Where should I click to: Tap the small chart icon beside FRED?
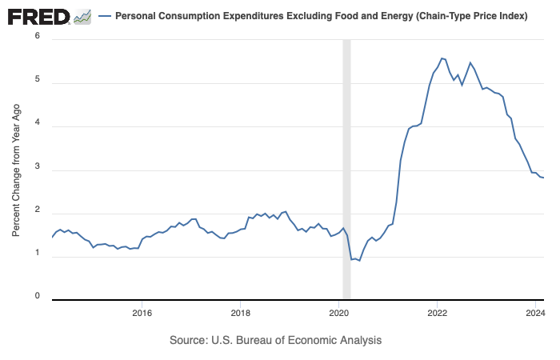(x=82, y=16)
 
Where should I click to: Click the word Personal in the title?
(x=136, y=16)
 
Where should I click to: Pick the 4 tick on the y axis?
(x=38, y=126)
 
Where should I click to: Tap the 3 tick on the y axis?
(x=38, y=170)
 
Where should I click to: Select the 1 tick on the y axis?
(x=38, y=258)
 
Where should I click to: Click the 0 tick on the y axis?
(x=38, y=296)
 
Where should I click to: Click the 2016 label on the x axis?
(x=142, y=311)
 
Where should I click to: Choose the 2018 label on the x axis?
(x=240, y=311)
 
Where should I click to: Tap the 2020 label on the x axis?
(x=338, y=311)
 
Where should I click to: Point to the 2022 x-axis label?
(x=437, y=311)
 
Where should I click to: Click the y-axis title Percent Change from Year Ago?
(x=16, y=168)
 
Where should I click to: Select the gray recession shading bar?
(x=346, y=168)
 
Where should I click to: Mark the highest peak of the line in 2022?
(x=442, y=58)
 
